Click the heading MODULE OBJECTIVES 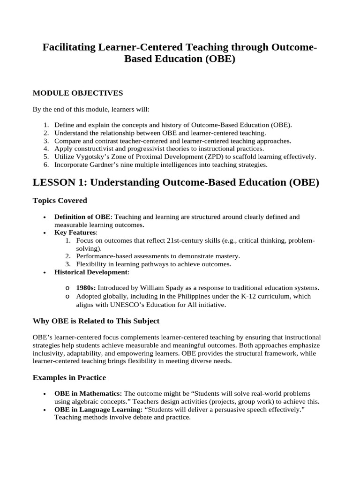click(77, 93)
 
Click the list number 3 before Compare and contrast click(46, 141)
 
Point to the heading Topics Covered click(60, 200)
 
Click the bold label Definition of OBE click(82, 217)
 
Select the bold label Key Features click(75, 232)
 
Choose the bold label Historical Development click(90, 272)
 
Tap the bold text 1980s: click(86, 288)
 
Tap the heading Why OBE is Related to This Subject click(96, 321)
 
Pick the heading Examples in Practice click(69, 377)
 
